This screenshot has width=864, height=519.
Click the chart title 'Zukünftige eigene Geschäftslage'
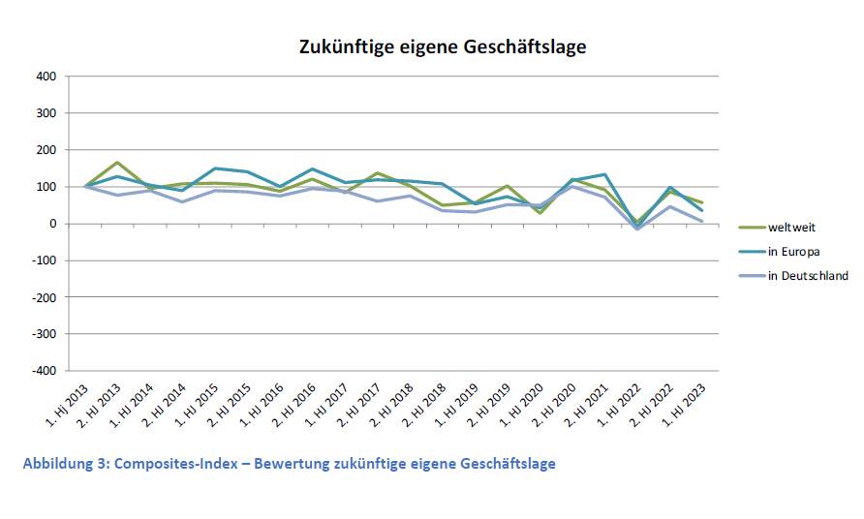tap(442, 46)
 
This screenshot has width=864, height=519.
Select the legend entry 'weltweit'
tap(792, 228)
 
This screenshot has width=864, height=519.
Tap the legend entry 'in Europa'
tap(795, 252)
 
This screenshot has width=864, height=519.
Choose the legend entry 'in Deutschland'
tap(808, 276)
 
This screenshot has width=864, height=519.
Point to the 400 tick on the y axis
tap(47, 76)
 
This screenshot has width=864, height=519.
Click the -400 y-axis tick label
tap(46, 371)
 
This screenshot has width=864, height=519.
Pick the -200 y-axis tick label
tap(46, 297)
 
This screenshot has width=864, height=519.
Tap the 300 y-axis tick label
tap(47, 112)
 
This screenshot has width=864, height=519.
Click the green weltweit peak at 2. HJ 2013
tap(116, 163)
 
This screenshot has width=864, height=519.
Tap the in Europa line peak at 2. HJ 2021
tap(604, 174)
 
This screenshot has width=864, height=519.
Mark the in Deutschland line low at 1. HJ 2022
tap(636, 229)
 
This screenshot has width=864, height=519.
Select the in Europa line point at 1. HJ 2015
tap(214, 168)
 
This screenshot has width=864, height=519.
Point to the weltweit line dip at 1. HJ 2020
tap(540, 213)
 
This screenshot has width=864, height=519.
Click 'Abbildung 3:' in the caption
tap(65, 463)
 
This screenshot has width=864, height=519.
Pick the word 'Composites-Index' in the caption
tap(169, 463)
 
